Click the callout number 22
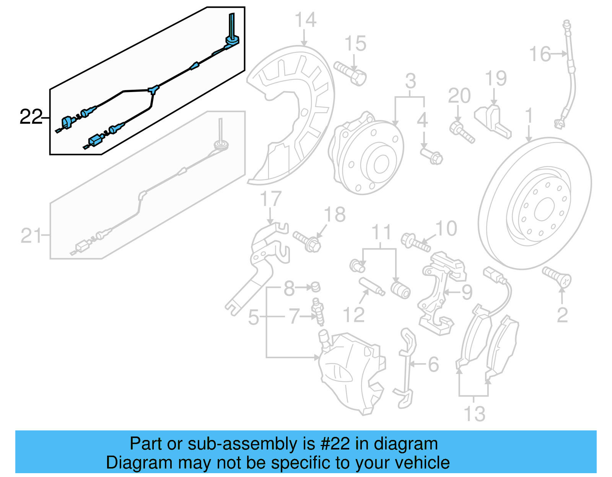[31, 117]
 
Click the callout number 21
[31, 236]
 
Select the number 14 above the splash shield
[305, 20]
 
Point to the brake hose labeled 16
[570, 76]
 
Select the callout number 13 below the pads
[474, 414]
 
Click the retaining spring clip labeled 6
[406, 367]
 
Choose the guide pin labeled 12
[371, 287]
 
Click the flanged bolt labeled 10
[415, 242]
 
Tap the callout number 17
[270, 199]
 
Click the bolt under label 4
[431, 156]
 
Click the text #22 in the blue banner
[335, 444]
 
